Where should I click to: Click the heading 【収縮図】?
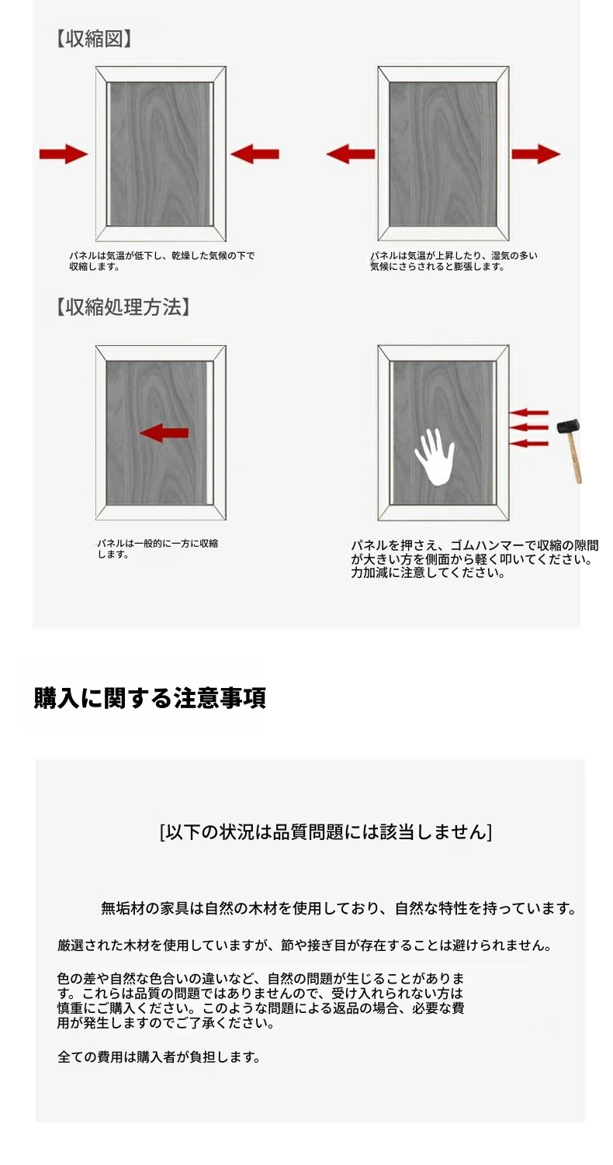pos(93,39)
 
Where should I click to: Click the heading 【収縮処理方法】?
pos(123,307)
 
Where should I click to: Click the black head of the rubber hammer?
pos(568,427)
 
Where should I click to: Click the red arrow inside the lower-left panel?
pos(164,433)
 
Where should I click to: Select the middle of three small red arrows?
pos(528,427)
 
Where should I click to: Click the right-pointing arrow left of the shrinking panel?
pos(64,154)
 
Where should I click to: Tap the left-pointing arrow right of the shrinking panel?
pos(255,154)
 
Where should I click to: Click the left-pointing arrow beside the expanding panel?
pos(350,154)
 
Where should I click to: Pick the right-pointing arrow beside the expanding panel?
pos(536,154)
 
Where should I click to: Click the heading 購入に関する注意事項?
pos(150,697)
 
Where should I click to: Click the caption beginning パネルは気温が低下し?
pos(162,261)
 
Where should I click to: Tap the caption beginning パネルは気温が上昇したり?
pos(454,261)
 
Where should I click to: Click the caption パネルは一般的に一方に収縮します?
pos(158,548)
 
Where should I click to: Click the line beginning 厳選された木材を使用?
pos(304,945)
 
